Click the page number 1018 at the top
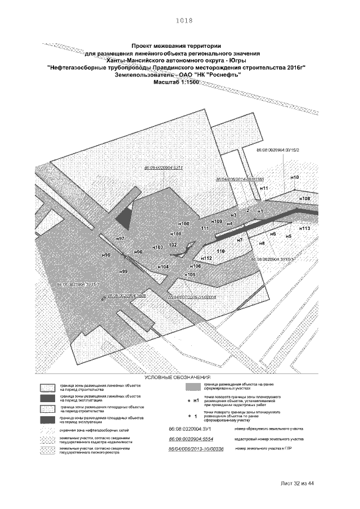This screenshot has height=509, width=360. (184, 20)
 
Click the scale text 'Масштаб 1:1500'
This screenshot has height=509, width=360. (177, 82)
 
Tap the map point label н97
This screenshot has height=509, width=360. (120, 239)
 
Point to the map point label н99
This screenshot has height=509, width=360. (123, 272)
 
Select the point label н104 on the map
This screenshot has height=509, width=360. (163, 266)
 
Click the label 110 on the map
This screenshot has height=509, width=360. (220, 251)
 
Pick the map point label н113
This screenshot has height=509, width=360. (305, 229)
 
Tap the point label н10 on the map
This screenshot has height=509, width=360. (295, 178)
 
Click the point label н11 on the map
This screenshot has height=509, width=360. (264, 187)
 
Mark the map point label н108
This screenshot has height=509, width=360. (304, 199)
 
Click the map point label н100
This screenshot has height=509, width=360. (183, 224)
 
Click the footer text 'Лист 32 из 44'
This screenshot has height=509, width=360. (296, 483)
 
